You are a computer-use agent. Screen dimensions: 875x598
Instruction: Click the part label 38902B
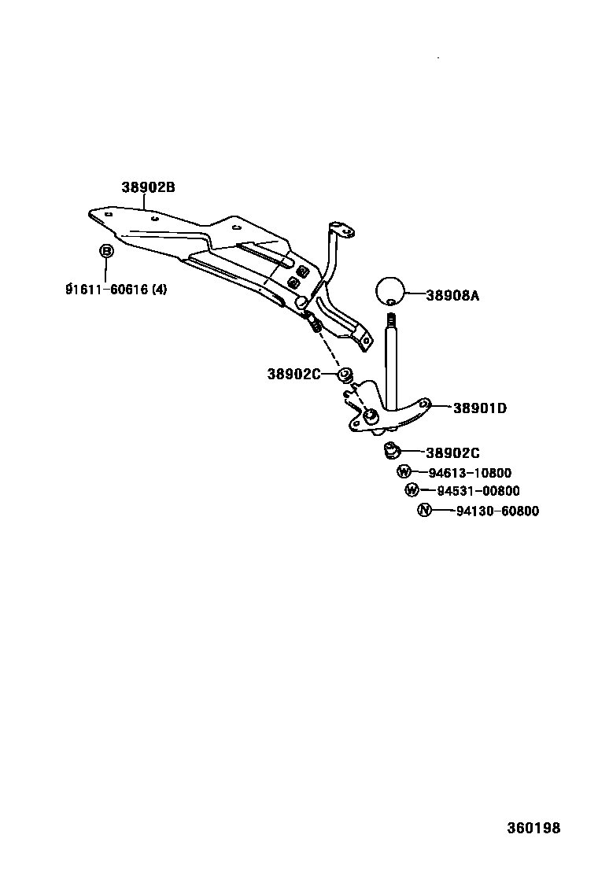click(x=148, y=188)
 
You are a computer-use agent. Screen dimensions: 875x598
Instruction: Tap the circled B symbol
click(x=106, y=251)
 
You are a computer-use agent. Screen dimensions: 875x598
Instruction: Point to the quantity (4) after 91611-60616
click(x=159, y=289)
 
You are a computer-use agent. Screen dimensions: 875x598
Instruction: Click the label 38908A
click(x=452, y=296)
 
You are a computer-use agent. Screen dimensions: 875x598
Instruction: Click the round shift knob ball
click(x=390, y=290)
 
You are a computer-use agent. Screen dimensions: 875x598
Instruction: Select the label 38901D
click(x=479, y=408)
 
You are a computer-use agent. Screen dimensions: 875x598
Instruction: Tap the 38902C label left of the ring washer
click(x=293, y=375)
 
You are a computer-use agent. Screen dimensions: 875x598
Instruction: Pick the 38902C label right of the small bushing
click(x=452, y=452)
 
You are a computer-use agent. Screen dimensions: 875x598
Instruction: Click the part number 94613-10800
click(x=470, y=473)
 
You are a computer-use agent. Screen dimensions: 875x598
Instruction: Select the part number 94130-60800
click(x=497, y=511)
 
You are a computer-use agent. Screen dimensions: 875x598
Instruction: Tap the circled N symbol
click(x=424, y=511)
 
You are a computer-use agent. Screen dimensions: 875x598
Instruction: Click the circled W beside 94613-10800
click(x=404, y=472)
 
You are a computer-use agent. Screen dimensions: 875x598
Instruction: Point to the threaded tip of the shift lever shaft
click(x=390, y=320)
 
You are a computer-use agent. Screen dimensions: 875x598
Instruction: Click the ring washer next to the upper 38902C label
click(x=345, y=374)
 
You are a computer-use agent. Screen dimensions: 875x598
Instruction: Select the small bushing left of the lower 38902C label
click(x=390, y=451)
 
